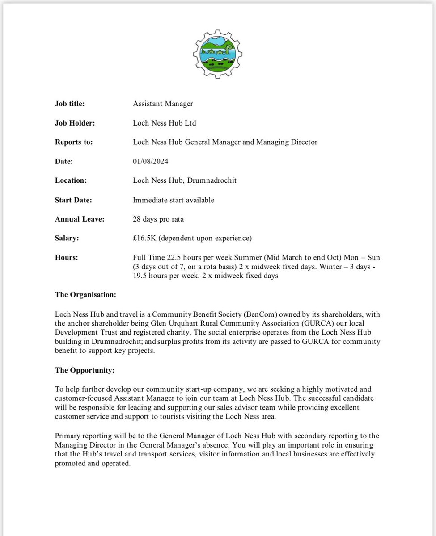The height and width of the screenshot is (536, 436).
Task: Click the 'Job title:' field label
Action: pyautogui.click(x=70, y=104)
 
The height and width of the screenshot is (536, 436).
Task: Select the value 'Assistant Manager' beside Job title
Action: pyautogui.click(x=163, y=104)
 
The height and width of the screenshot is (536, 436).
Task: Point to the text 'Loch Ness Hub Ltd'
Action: pyautogui.click(x=164, y=123)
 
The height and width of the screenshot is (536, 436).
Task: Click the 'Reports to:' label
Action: pyautogui.click(x=74, y=142)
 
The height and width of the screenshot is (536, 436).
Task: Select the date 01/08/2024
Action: pyautogui.click(x=150, y=161)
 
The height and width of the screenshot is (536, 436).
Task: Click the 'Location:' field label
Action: pyautogui.click(x=71, y=180)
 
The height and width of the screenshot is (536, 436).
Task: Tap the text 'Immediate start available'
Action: pyautogui.click(x=174, y=200)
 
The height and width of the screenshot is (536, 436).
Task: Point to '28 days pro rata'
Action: pyautogui.click(x=158, y=219)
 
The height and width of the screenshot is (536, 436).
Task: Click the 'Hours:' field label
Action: pyautogui.click(x=66, y=258)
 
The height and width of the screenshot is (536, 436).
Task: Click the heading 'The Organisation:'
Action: pyautogui.click(x=85, y=295)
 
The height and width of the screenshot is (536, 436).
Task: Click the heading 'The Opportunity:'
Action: pyautogui.click(x=84, y=370)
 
